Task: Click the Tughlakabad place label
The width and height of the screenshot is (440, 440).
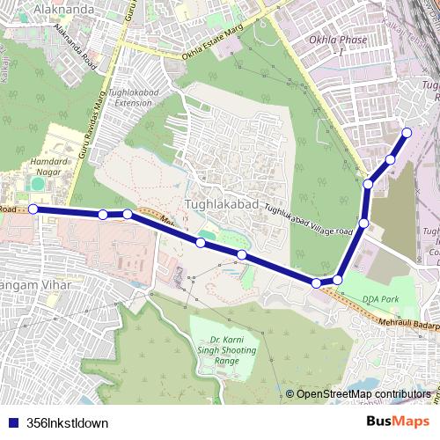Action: coord(224,204)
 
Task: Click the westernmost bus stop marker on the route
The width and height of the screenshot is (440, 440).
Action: coord(33,209)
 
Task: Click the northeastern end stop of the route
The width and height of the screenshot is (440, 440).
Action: coord(407,133)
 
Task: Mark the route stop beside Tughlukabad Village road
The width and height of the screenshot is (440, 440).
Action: coord(363,224)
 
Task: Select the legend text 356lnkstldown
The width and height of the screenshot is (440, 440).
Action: coord(68,423)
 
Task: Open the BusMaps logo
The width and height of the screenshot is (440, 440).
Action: coord(399,422)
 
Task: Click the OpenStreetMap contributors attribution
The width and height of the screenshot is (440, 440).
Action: coord(363,394)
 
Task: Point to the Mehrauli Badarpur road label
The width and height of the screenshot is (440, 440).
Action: coord(401,324)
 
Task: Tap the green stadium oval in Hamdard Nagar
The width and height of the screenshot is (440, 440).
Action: coord(35,185)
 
